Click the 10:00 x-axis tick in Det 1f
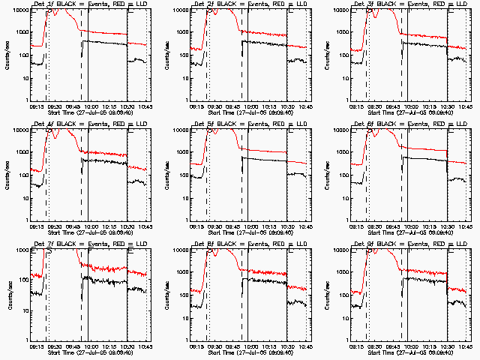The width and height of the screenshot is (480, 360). coord(91,106)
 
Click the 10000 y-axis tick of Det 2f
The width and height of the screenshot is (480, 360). coord(180,10)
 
